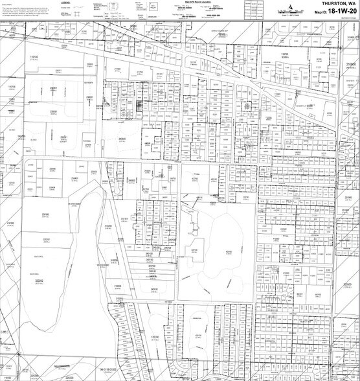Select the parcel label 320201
(47, 239)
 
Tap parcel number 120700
(154, 337)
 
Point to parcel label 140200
(21, 136)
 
